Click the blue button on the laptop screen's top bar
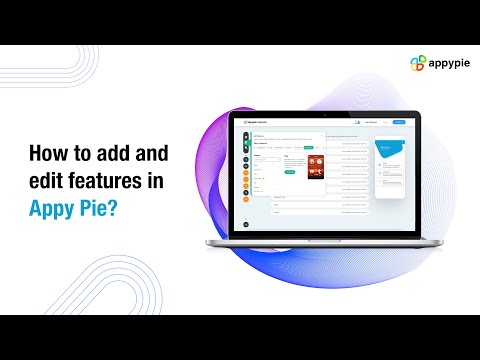pos(398,122)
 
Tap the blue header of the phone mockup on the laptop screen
pos(386,150)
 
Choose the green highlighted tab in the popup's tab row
pos(309,147)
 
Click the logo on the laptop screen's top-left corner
pos(253,122)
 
